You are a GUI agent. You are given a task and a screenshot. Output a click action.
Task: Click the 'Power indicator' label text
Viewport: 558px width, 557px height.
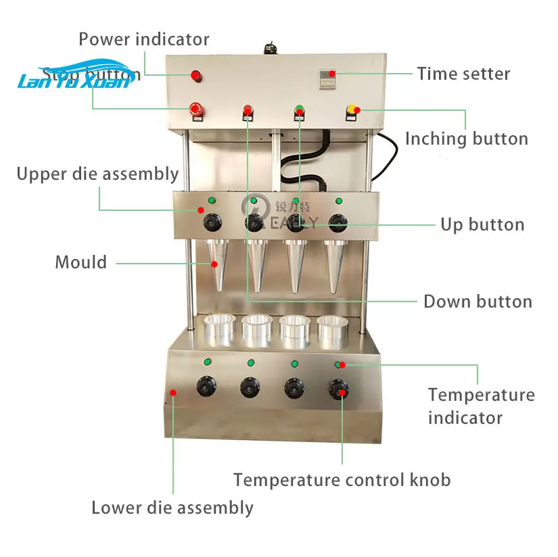click(x=144, y=39)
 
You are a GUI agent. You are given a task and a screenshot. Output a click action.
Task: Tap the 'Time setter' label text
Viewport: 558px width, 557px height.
click(x=463, y=73)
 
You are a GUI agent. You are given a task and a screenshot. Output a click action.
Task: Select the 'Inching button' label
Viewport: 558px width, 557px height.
click(x=466, y=139)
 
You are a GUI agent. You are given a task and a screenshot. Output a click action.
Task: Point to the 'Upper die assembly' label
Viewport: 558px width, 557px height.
click(x=97, y=174)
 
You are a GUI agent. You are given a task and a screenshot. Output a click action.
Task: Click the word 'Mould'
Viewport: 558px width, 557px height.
click(x=81, y=262)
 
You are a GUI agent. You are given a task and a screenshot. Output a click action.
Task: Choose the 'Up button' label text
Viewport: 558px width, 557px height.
click(x=482, y=224)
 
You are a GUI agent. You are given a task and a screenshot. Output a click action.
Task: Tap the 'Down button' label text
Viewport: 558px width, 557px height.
click(x=478, y=301)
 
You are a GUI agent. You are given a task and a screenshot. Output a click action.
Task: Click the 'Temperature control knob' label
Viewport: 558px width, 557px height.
click(x=342, y=480)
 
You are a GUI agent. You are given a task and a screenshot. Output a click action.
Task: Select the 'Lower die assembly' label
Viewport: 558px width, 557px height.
click(x=172, y=508)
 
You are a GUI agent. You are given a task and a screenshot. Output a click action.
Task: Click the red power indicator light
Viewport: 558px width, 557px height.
click(x=197, y=75)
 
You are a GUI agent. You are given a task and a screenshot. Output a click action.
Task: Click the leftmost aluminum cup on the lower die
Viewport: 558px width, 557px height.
click(x=220, y=329)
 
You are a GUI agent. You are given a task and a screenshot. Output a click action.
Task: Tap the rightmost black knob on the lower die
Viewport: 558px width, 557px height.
click(x=338, y=388)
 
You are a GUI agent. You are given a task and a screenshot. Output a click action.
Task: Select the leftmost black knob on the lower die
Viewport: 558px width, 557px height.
click(x=206, y=387)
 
